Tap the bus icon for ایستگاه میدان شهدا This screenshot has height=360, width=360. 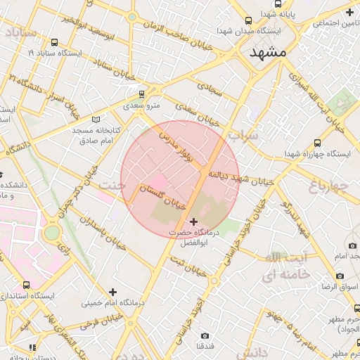click(248, 21)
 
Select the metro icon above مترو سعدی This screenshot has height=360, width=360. click(141, 94)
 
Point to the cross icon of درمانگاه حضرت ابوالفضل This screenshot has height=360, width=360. click(194, 221)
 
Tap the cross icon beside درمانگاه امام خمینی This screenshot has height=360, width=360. click(112, 291)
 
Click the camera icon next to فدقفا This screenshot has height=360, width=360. click(205, 336)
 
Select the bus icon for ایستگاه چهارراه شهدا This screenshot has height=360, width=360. click(318, 142)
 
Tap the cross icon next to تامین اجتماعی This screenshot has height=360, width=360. click(350, 12)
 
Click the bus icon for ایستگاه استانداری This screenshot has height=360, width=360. click(26, 285)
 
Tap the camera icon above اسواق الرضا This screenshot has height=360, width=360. click(352, 246)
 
